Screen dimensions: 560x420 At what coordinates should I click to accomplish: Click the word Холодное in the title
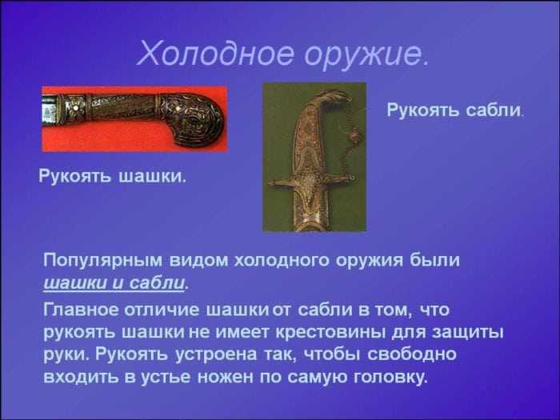[215, 54]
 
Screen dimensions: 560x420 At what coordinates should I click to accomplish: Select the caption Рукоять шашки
[112, 176]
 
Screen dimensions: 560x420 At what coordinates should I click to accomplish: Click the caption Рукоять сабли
[454, 110]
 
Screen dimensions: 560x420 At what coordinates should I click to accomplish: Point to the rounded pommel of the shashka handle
[194, 120]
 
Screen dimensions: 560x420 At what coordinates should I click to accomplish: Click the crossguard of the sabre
[310, 181]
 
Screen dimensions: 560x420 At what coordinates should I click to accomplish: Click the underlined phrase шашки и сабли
[114, 283]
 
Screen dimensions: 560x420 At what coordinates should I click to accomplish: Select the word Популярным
[102, 261]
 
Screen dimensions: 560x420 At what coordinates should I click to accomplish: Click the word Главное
[81, 310]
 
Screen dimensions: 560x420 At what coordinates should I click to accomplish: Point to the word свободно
[412, 354]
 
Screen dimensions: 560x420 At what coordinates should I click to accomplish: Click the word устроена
[216, 354]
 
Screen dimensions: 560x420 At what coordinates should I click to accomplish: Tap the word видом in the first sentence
[198, 260]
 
